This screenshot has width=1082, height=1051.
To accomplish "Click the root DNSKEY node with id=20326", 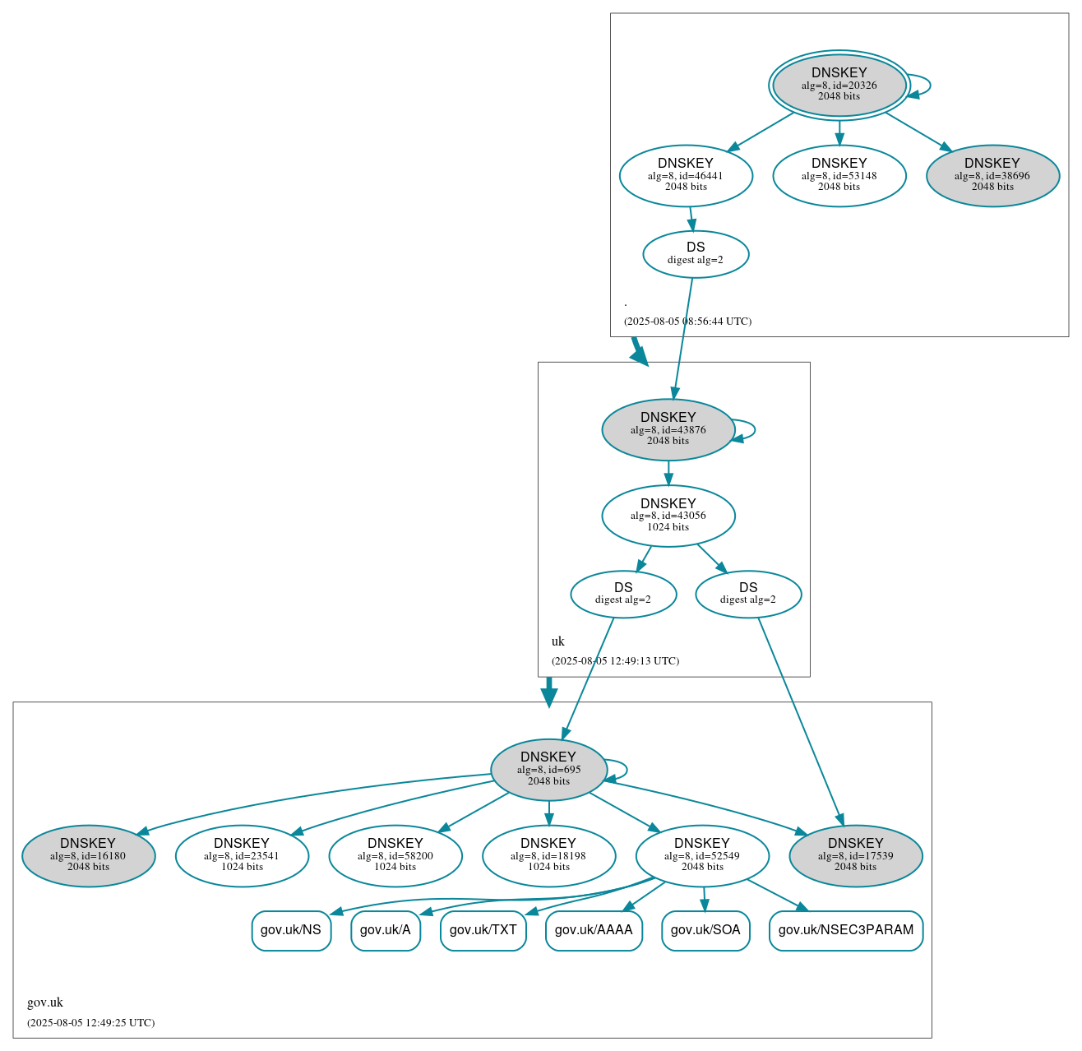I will [x=839, y=85].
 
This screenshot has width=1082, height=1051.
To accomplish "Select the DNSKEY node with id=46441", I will [x=686, y=175].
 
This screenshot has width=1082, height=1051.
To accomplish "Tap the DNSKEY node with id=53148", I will [x=839, y=175].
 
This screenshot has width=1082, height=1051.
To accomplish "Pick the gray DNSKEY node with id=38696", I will [x=992, y=175].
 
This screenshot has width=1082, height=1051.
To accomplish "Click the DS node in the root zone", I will [x=696, y=254].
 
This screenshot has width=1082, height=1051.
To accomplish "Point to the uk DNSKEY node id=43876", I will [x=668, y=429].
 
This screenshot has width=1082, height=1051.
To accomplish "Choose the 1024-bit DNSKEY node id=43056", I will [x=668, y=516].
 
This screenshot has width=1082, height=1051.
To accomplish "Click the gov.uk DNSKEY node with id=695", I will [x=548, y=769].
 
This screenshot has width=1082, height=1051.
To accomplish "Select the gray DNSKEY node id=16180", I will [x=88, y=855].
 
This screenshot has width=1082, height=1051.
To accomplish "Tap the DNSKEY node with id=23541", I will [x=242, y=855].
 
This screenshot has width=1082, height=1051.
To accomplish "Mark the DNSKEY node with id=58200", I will [x=395, y=855].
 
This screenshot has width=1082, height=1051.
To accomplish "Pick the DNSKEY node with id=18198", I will [x=548, y=855].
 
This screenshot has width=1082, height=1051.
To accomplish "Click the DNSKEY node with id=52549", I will [x=702, y=855].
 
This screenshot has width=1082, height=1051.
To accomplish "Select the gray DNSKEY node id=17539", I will [x=855, y=855].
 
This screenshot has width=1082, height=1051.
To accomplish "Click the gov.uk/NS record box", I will [x=291, y=930].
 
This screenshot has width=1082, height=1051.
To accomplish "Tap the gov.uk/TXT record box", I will [x=483, y=930].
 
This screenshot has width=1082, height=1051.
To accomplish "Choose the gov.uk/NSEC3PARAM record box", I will [x=845, y=930].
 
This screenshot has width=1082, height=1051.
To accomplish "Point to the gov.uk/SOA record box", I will [x=705, y=930].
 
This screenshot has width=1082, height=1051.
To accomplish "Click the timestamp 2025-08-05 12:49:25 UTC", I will [x=90, y=1023].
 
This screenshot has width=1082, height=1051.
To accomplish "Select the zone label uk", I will [x=558, y=641].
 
